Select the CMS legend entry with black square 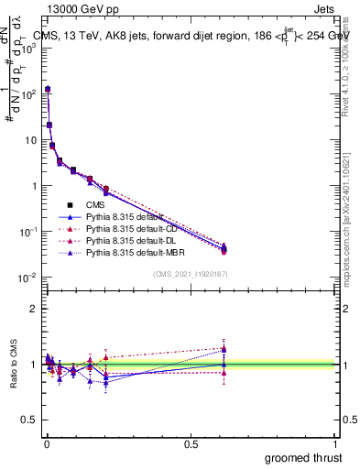point(99,204)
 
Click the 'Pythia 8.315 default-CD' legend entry point(128,228)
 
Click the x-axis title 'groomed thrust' point(304,457)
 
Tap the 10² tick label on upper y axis point(30,93)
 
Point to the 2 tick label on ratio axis point(34,309)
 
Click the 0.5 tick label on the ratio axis point(30,420)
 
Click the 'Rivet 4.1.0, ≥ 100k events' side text point(348,64)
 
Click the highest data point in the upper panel point(48,89)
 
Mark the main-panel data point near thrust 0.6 point(224,247)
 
